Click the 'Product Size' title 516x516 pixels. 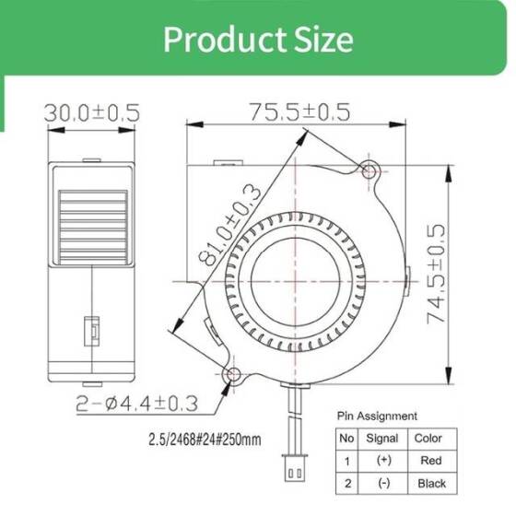257,40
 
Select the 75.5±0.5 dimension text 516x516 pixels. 299,111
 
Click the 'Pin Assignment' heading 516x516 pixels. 376,416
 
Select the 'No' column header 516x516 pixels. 346,439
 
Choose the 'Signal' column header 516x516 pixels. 382,439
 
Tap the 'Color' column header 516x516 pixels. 428,439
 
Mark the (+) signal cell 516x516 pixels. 382,461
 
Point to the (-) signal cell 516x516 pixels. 382,483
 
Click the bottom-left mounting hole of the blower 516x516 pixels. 232,374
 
